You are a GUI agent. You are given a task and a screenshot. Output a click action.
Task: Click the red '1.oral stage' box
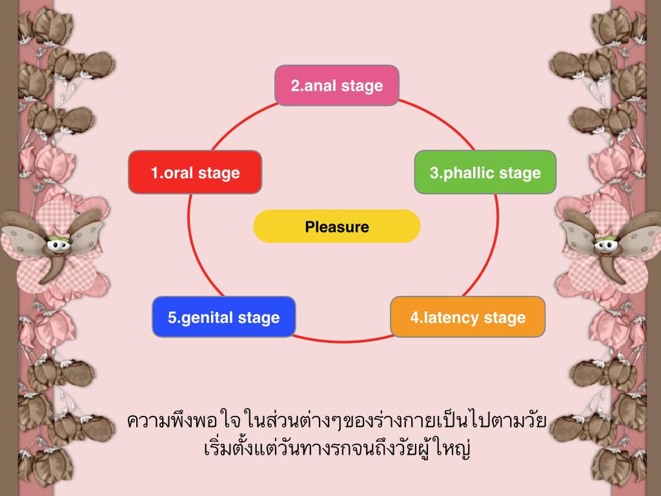(x=195, y=172)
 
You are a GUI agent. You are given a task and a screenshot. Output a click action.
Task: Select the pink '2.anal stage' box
(x=337, y=85)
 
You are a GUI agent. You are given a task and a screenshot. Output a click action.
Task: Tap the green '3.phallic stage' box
(x=485, y=172)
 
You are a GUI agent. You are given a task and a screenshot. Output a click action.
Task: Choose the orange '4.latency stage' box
(x=468, y=316)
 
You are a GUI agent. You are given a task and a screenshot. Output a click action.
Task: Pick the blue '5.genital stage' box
(x=224, y=316)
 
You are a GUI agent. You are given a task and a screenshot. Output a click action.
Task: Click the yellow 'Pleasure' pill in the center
(x=337, y=226)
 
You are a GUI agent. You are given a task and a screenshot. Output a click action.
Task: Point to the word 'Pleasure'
(x=337, y=227)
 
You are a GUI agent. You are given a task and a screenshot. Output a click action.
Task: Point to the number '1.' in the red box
(x=158, y=173)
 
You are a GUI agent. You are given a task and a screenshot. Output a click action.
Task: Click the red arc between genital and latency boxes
(x=342, y=341)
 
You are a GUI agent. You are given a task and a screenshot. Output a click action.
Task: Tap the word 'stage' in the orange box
(x=505, y=318)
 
